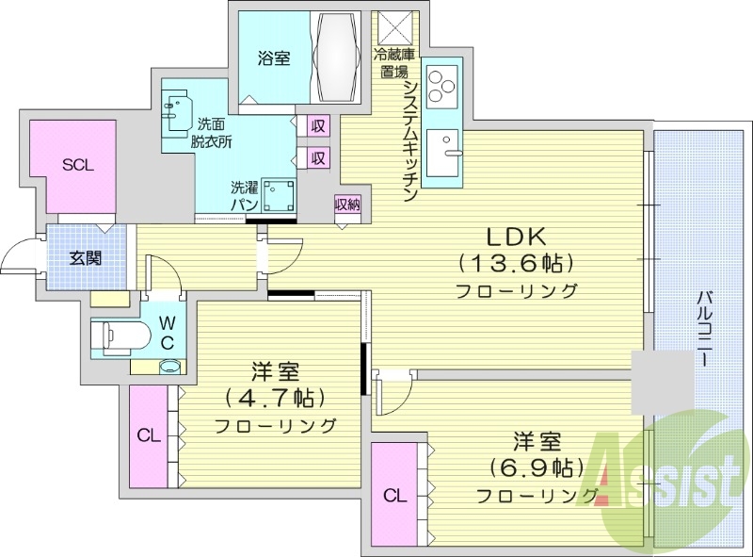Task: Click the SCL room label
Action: [78, 164]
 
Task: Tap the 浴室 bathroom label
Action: [274, 57]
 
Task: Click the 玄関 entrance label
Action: [87, 257]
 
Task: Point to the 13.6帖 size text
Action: [517, 262]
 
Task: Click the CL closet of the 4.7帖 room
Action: [148, 435]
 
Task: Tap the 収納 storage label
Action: [346, 205]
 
